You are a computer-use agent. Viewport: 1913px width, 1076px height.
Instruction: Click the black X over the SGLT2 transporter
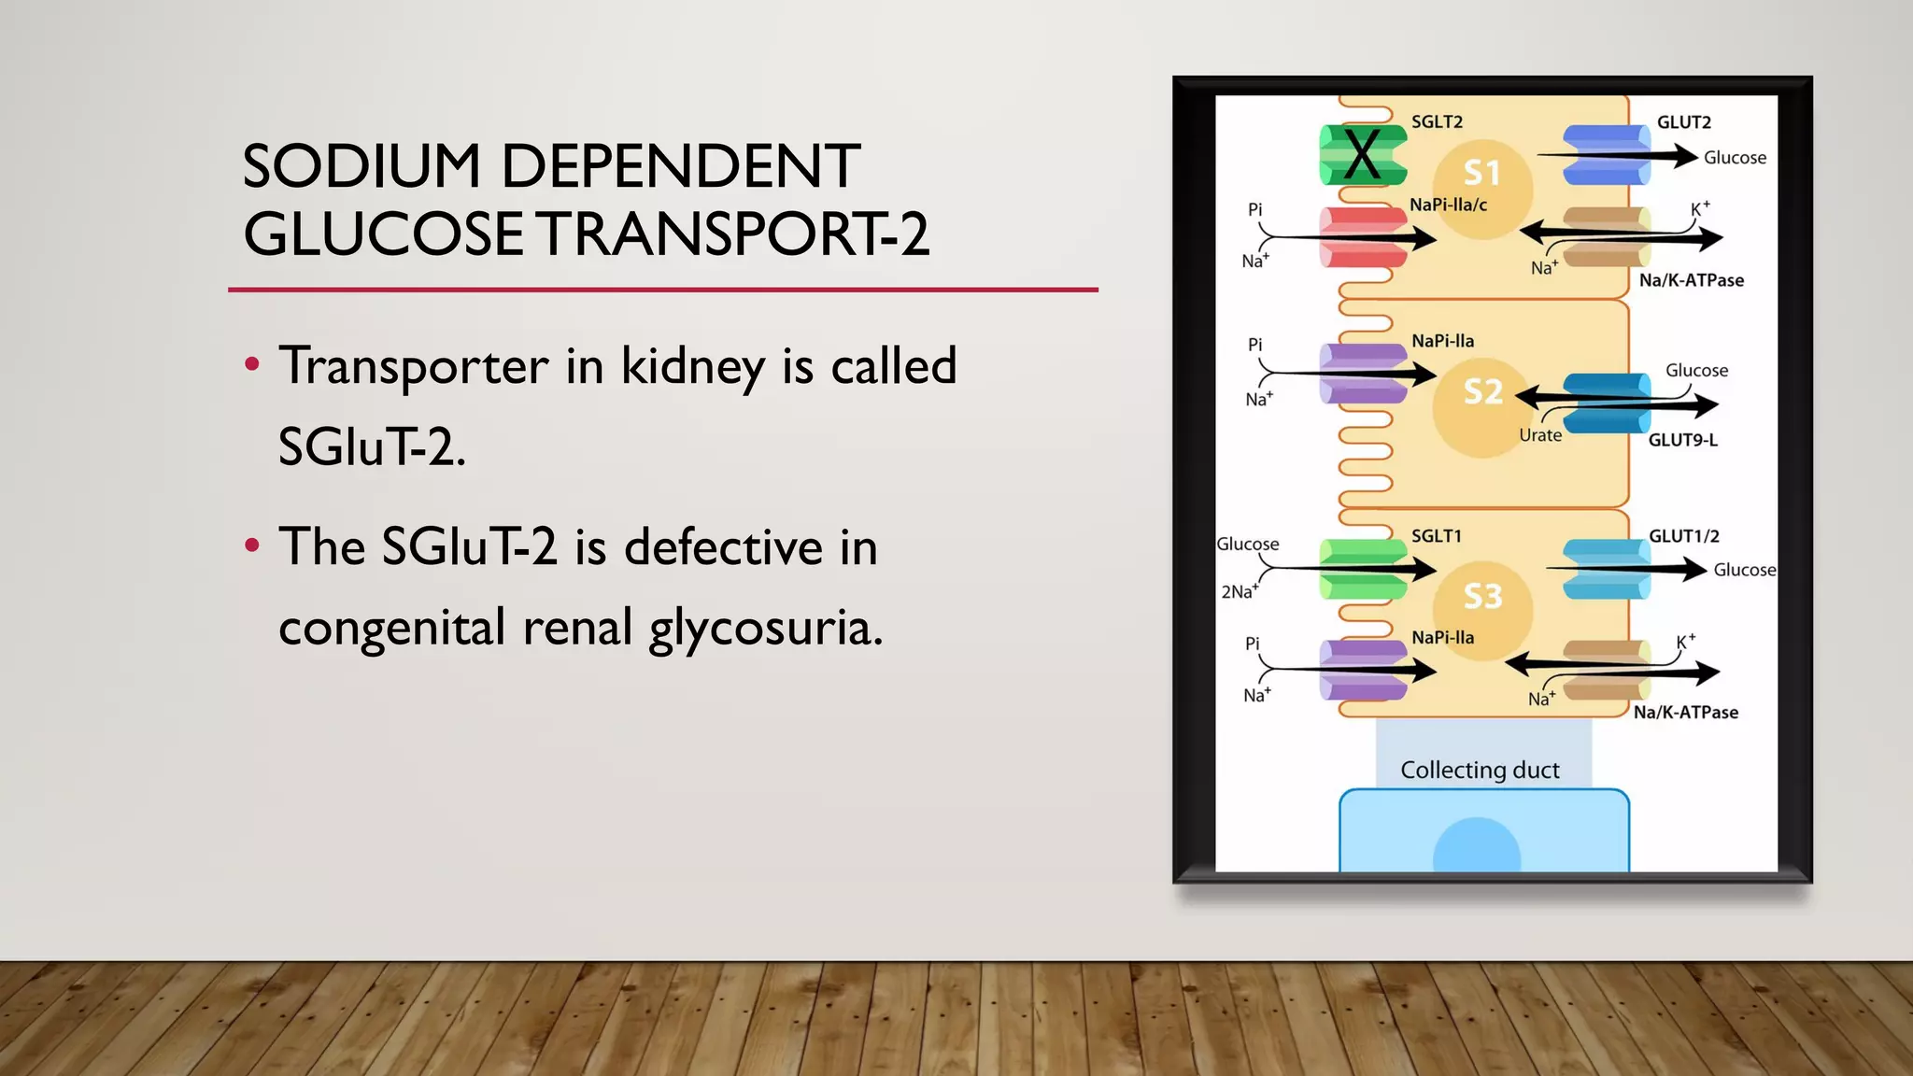point(1362,155)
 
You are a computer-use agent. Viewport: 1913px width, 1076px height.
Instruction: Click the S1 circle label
point(1482,173)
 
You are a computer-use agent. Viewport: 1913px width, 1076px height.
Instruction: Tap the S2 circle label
point(1483,391)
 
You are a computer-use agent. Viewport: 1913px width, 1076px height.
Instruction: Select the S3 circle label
point(1483,595)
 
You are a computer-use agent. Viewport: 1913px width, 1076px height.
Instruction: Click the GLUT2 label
point(1683,122)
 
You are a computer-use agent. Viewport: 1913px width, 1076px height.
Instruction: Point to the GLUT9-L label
point(1682,440)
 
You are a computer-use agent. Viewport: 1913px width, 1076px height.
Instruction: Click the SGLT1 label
point(1436,536)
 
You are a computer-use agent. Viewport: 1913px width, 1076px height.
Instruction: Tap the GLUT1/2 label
point(1683,536)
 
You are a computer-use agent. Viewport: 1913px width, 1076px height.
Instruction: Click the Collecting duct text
point(1480,770)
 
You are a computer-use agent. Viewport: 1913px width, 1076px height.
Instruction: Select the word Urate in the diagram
point(1539,435)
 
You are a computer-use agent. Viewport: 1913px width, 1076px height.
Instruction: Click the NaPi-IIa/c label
point(1448,205)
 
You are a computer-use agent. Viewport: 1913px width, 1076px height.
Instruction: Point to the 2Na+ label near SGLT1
point(1240,591)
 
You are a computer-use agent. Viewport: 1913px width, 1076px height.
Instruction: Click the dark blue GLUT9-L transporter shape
point(1607,403)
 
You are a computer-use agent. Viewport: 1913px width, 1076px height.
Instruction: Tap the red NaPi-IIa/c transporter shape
point(1363,237)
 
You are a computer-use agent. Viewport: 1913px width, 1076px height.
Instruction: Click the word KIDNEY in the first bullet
point(693,366)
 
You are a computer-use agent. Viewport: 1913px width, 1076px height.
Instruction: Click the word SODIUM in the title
point(361,166)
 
